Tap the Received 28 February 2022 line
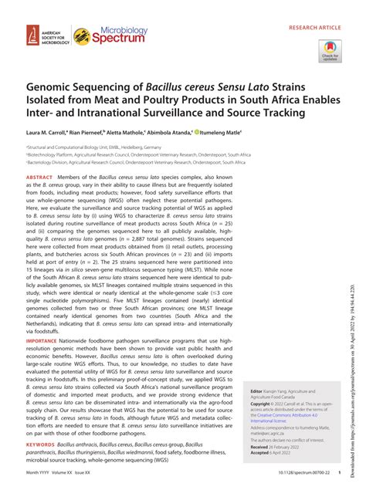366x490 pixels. (270, 447)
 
